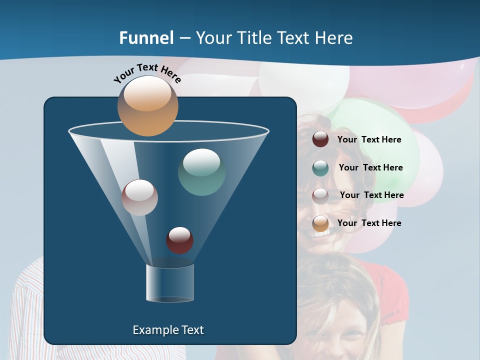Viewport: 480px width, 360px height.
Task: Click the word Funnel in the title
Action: pos(146,38)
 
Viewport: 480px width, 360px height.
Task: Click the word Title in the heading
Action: pos(254,38)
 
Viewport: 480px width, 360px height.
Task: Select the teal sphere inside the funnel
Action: pos(201,172)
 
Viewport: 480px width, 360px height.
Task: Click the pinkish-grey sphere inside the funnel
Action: pos(139,197)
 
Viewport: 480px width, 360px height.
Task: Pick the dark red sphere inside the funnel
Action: pos(179,240)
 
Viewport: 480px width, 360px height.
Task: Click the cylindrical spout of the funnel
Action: pos(169,283)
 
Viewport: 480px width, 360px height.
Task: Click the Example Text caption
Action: pos(168,330)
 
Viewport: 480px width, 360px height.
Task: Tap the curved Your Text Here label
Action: pos(147,73)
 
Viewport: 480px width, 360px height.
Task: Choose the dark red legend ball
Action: pos(320,139)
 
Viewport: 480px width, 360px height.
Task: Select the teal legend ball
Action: pos(320,168)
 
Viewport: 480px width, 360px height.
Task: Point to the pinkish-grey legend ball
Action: pos(320,195)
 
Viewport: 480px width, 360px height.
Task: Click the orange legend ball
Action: pos(320,223)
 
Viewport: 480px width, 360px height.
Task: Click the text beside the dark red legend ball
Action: pos(369,139)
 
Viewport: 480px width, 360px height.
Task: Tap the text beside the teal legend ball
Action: pos(370,167)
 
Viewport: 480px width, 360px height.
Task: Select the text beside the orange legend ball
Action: pos(369,223)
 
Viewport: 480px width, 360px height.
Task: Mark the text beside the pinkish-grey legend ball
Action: pos(371,195)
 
